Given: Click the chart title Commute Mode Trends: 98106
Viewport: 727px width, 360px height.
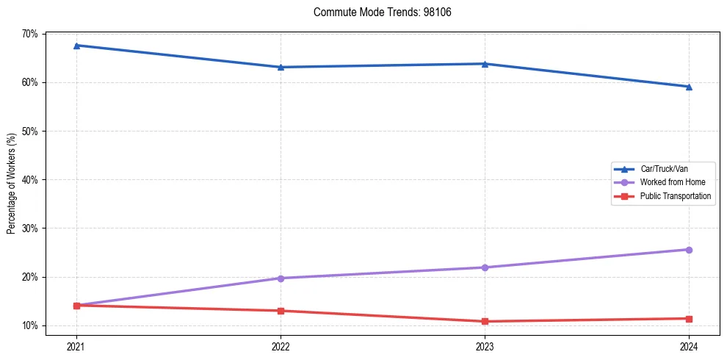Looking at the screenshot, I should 377,12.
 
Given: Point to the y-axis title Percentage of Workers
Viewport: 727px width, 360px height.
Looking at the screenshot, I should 12,183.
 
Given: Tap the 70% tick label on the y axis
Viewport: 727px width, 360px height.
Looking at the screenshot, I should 30,34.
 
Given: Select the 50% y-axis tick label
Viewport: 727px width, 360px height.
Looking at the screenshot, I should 30,131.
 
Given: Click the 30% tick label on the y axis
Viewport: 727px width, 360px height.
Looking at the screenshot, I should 30,228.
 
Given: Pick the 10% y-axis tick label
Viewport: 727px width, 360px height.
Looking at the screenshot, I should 30,325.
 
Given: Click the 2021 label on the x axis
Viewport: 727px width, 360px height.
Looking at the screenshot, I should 76,345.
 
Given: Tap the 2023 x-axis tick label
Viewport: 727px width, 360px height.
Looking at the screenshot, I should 485,345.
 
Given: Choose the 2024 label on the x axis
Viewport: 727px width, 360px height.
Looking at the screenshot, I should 689,345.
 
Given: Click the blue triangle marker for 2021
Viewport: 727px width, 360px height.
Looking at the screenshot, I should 76,46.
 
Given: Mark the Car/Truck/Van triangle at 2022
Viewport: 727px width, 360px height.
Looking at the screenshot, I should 281,68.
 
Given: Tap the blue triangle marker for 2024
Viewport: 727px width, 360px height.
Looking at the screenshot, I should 689,87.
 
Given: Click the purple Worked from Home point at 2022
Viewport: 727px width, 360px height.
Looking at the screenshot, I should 281,278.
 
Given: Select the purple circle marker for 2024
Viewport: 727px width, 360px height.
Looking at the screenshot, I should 689,250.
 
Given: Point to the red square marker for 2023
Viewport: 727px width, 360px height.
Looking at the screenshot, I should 485,321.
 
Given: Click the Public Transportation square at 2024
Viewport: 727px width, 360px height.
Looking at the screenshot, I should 689,319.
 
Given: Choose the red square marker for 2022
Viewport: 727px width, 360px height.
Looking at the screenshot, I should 281,311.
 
